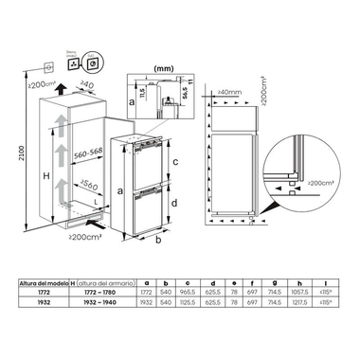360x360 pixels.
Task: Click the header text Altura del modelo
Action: (x=44, y=283)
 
